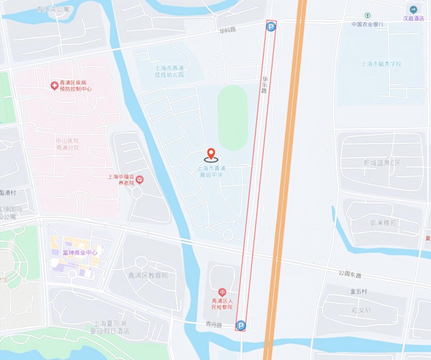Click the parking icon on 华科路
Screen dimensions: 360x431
(271, 27)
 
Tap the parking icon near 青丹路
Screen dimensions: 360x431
(241, 326)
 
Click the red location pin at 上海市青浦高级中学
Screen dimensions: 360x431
(211, 154)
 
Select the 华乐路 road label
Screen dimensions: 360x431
(265, 85)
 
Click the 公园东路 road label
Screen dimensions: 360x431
(349, 275)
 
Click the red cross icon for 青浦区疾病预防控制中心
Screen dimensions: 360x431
(54, 85)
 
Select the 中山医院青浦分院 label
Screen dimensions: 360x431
(67, 144)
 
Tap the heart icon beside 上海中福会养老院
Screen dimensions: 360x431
(140, 179)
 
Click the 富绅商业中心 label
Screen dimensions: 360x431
(80, 252)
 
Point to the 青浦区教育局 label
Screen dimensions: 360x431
(147, 275)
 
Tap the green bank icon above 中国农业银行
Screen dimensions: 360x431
(368, 16)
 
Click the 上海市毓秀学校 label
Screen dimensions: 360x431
(381, 64)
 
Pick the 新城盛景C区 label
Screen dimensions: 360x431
(381, 163)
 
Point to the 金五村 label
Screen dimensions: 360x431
(359, 291)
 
